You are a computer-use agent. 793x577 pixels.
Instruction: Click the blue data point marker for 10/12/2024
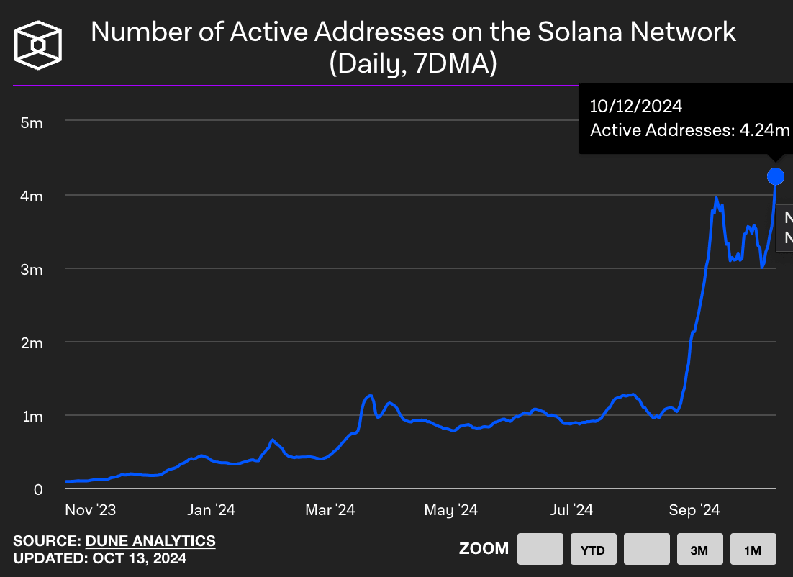775,176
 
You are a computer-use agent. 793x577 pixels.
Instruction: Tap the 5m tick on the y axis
32,122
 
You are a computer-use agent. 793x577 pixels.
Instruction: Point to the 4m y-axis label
32,196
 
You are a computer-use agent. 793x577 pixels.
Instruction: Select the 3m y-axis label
32,270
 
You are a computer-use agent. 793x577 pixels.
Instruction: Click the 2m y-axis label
32,343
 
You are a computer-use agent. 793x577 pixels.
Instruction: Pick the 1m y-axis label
32,417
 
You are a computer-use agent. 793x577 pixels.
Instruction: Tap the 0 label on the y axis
39,490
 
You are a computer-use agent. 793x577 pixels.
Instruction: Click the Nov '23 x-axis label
91,510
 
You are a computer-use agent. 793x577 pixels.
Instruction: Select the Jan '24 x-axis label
210,510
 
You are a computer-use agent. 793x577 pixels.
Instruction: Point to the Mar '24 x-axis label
330,510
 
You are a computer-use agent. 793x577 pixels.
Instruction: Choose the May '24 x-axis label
451,510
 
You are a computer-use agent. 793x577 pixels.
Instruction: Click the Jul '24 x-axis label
571,510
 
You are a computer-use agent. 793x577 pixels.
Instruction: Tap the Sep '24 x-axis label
694,510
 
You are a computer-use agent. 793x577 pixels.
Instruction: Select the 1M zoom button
753,550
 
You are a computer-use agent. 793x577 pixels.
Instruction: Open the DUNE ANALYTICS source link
150,541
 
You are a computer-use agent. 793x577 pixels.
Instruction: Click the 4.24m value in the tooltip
763,130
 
